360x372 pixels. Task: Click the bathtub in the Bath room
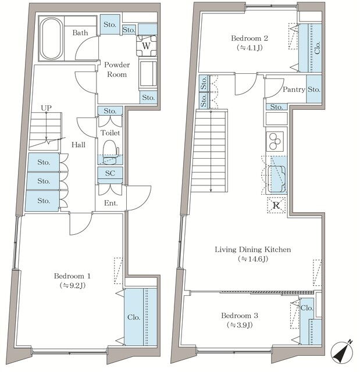point(52,38)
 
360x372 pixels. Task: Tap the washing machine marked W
point(147,45)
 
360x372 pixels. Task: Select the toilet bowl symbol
point(111,152)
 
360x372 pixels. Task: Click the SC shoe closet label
point(110,173)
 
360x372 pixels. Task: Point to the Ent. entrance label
point(111,203)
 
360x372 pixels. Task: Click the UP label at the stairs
point(46,108)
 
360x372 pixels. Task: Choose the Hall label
point(79,145)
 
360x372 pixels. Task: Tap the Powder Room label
point(117,70)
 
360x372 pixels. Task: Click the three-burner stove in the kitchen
point(275,141)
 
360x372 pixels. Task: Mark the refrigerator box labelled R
point(276,205)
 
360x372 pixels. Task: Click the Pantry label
point(294,90)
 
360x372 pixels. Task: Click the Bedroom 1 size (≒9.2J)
point(72,285)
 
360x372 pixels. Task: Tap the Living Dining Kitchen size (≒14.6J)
point(253,259)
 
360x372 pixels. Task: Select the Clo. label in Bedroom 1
point(134,317)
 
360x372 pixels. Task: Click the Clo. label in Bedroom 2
point(318,48)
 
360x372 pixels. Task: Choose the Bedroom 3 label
point(240,316)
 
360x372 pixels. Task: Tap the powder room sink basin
point(148,74)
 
